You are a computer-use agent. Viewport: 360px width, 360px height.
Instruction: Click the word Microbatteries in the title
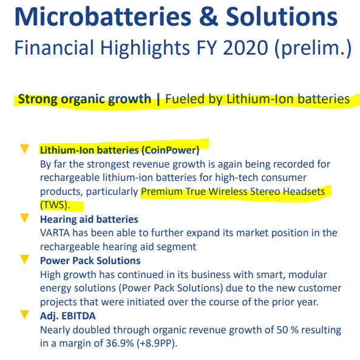coord(103,17)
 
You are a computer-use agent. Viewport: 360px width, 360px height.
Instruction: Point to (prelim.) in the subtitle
coord(313,49)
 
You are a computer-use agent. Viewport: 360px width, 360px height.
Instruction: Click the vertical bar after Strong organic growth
coord(158,100)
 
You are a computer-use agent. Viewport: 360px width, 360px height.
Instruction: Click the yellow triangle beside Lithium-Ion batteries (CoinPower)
coord(24,149)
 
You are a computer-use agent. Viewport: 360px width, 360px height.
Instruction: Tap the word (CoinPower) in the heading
coord(171,150)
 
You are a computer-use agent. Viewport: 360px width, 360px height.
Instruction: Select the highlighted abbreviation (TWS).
coord(55,205)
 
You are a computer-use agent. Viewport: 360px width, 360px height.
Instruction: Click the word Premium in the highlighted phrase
coord(161,191)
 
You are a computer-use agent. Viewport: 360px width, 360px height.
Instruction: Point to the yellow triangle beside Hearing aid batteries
coord(24,218)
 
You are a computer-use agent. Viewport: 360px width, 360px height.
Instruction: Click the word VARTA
coord(55,233)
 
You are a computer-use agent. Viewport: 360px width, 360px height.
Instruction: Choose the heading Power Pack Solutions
coord(90,260)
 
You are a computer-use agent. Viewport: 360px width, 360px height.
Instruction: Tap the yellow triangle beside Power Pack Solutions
coord(24,259)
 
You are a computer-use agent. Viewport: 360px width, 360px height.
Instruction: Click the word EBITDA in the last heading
coord(78,316)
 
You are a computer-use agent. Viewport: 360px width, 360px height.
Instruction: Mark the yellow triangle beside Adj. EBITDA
coord(24,314)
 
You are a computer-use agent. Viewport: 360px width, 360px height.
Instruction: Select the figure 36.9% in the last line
coord(120,343)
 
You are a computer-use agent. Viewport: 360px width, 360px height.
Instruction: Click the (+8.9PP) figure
coord(157,344)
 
